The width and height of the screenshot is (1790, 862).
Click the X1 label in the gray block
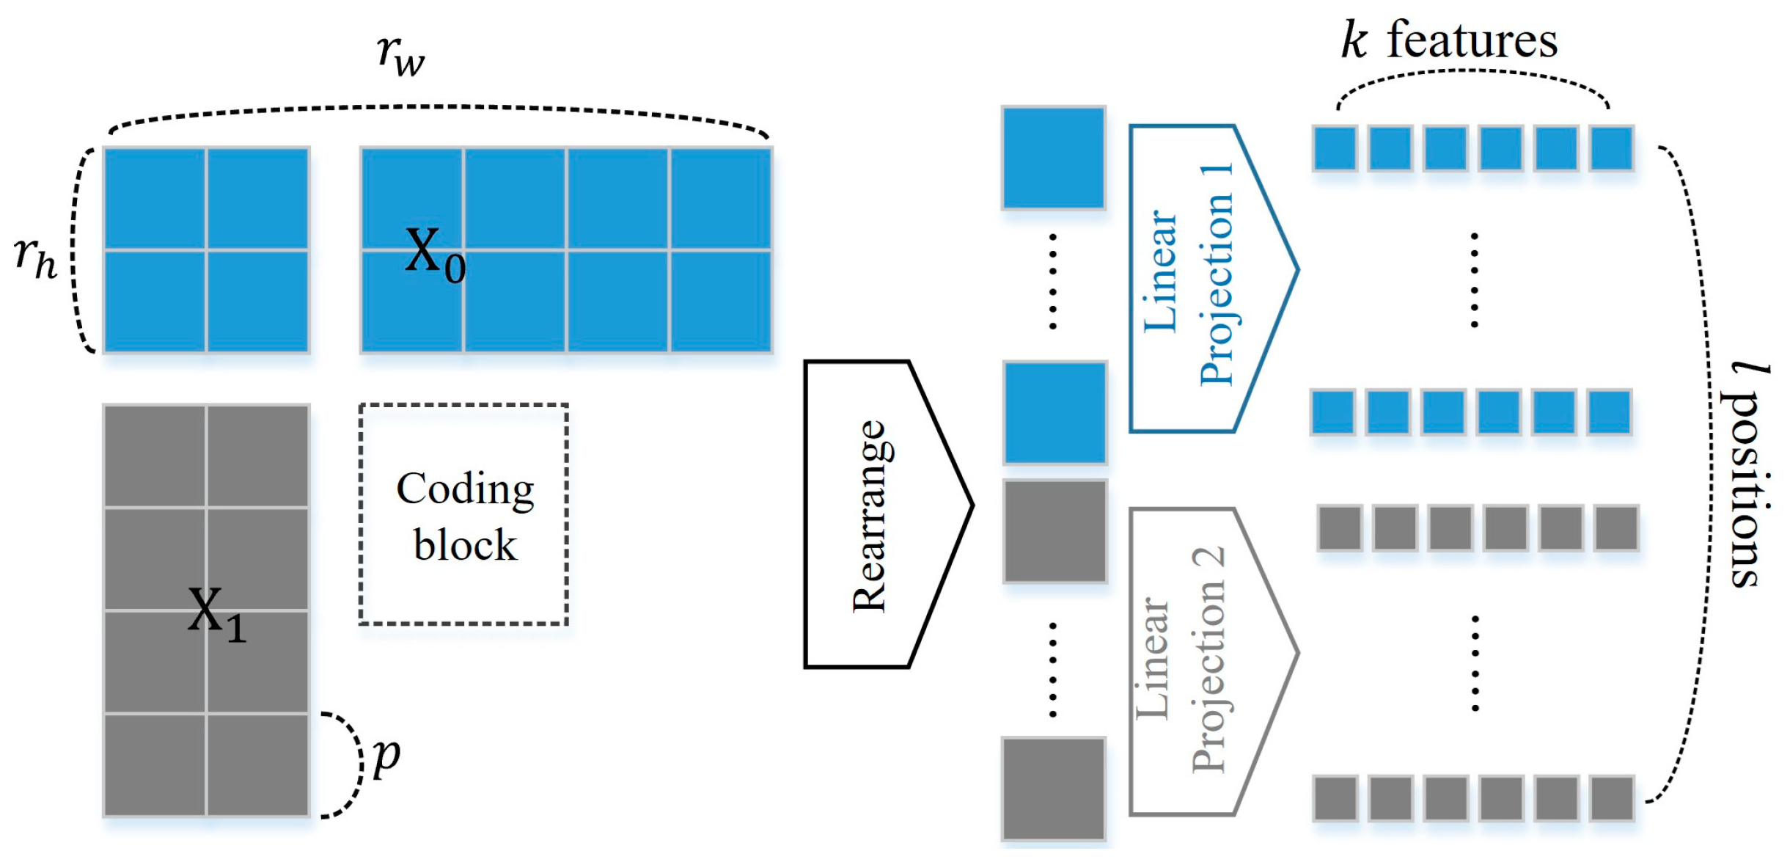216,615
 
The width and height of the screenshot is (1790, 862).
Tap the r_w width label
400,54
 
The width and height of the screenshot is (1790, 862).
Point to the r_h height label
35,258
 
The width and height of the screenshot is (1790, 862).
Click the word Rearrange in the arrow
870,516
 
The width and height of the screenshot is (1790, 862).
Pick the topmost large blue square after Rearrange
1053,157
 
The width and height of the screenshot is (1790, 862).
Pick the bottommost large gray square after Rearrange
1053,788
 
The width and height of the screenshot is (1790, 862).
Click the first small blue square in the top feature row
1335,148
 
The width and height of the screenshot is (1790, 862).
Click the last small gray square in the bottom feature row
1611,798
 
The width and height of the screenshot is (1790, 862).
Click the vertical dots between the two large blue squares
1053,282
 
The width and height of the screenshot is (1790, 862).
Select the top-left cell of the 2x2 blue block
155,199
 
